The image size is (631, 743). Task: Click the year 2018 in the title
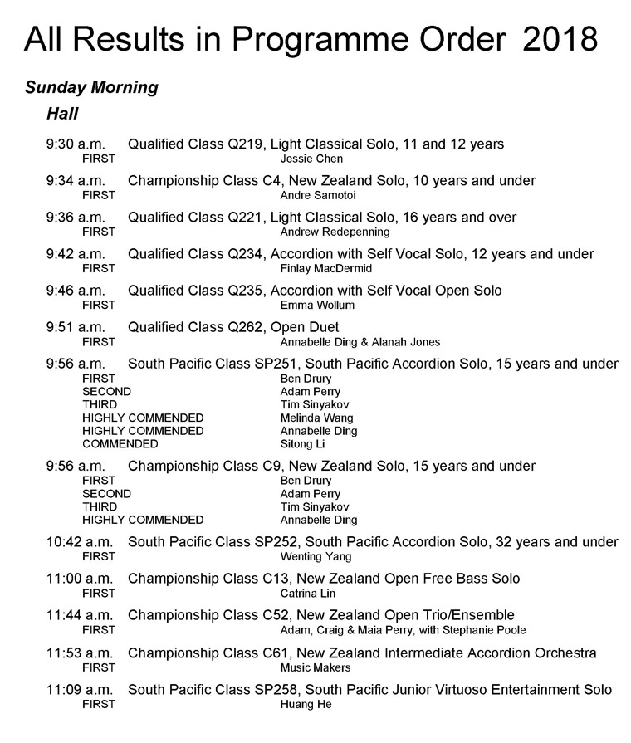560,39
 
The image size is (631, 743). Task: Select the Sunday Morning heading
91,87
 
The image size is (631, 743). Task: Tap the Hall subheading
62,113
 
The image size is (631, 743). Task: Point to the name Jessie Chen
311,159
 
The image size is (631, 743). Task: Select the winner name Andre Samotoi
317,195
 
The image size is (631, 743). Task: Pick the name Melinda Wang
316,418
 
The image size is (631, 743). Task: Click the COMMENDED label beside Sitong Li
120,444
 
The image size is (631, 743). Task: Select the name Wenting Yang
315,556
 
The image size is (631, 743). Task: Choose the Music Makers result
315,667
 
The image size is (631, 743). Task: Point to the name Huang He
306,704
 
